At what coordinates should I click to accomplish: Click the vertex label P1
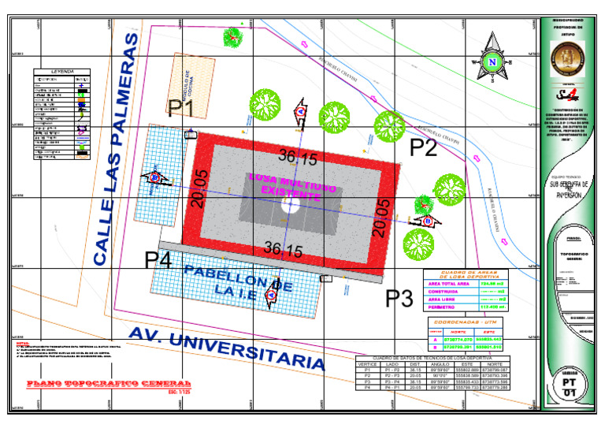click(x=182, y=108)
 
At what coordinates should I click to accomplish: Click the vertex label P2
click(x=423, y=147)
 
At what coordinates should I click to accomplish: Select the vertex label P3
click(x=399, y=299)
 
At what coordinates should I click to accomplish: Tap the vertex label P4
click(x=158, y=259)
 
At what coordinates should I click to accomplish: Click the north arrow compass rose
click(x=493, y=59)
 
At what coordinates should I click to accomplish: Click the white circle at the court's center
click(x=291, y=207)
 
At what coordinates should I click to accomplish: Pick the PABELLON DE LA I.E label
click(x=228, y=279)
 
